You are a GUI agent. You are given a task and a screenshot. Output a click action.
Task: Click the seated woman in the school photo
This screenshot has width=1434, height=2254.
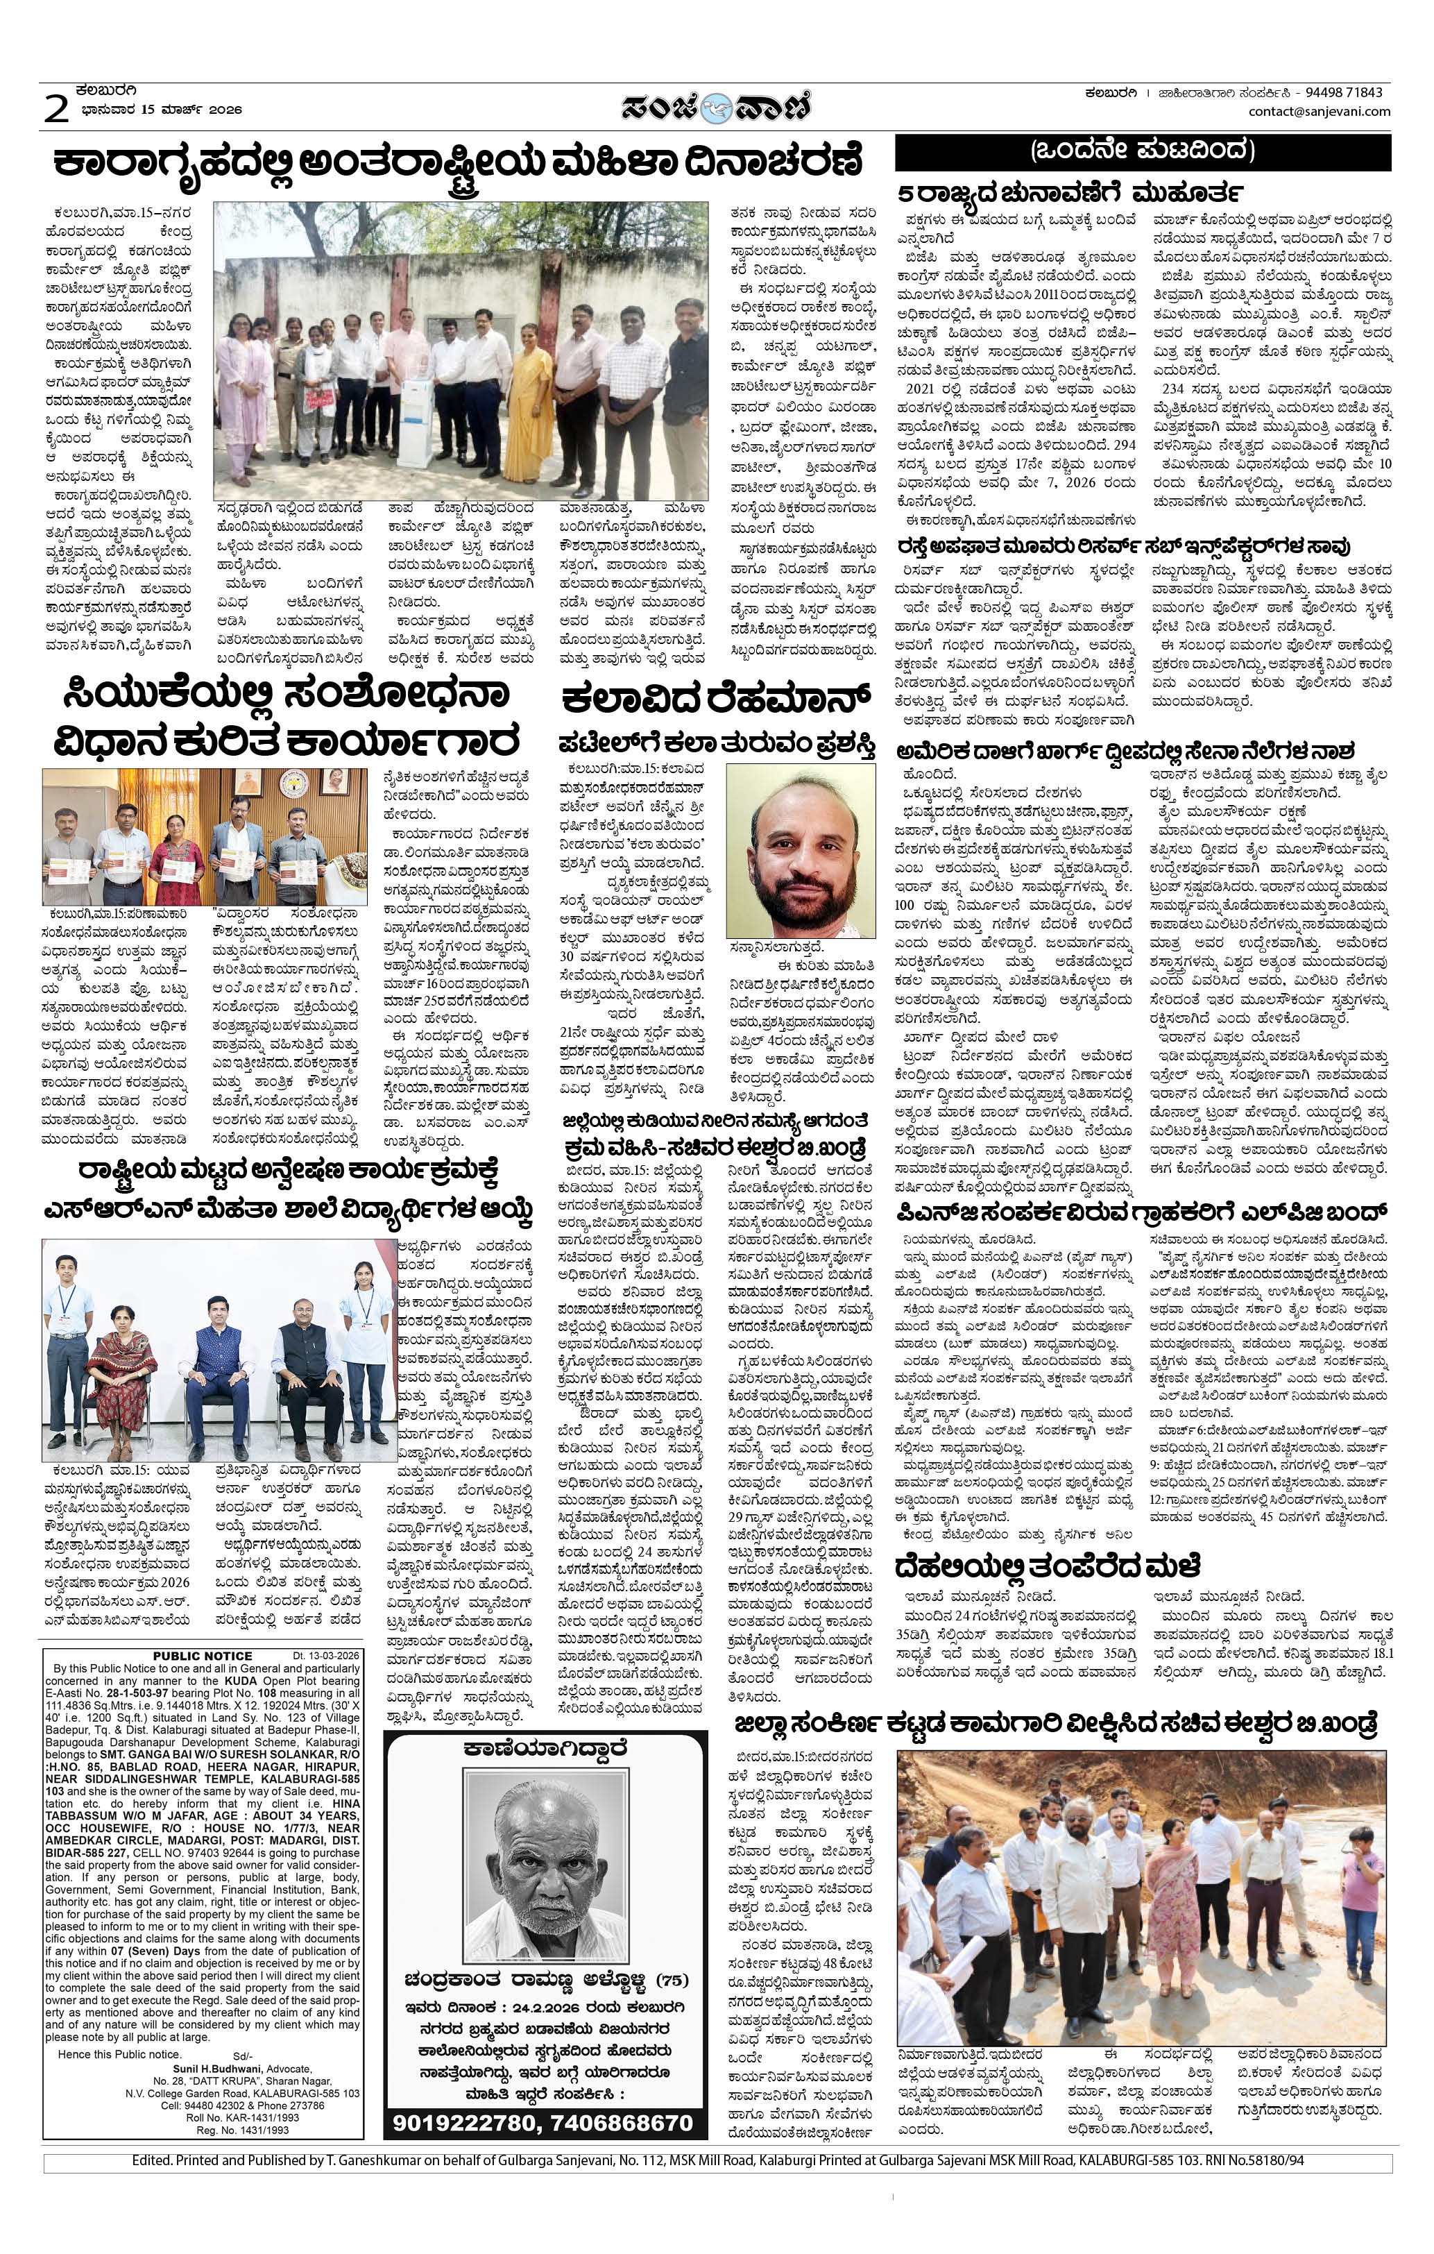click(121, 1352)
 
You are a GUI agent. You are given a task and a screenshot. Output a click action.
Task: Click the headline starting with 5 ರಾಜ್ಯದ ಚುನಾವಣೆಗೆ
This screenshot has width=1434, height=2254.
click(1070, 193)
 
